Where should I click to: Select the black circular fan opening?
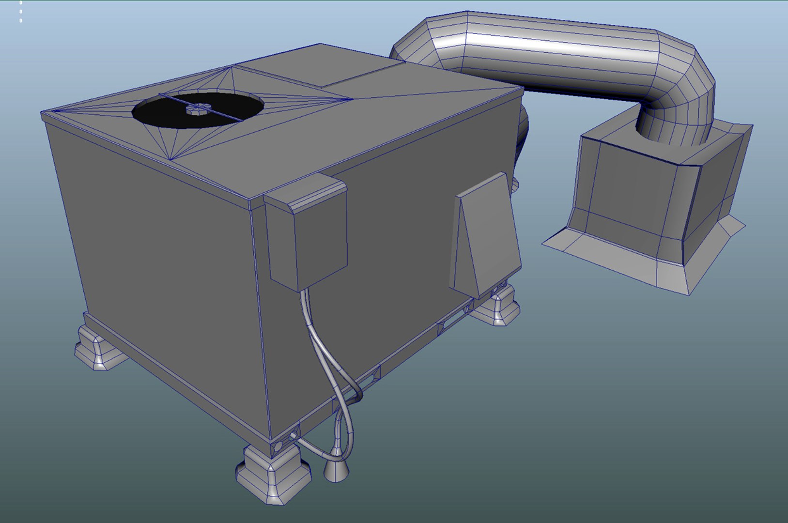coord(160,114)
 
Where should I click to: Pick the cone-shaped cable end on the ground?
coord(335,470)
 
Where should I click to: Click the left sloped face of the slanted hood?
coord(460,247)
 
